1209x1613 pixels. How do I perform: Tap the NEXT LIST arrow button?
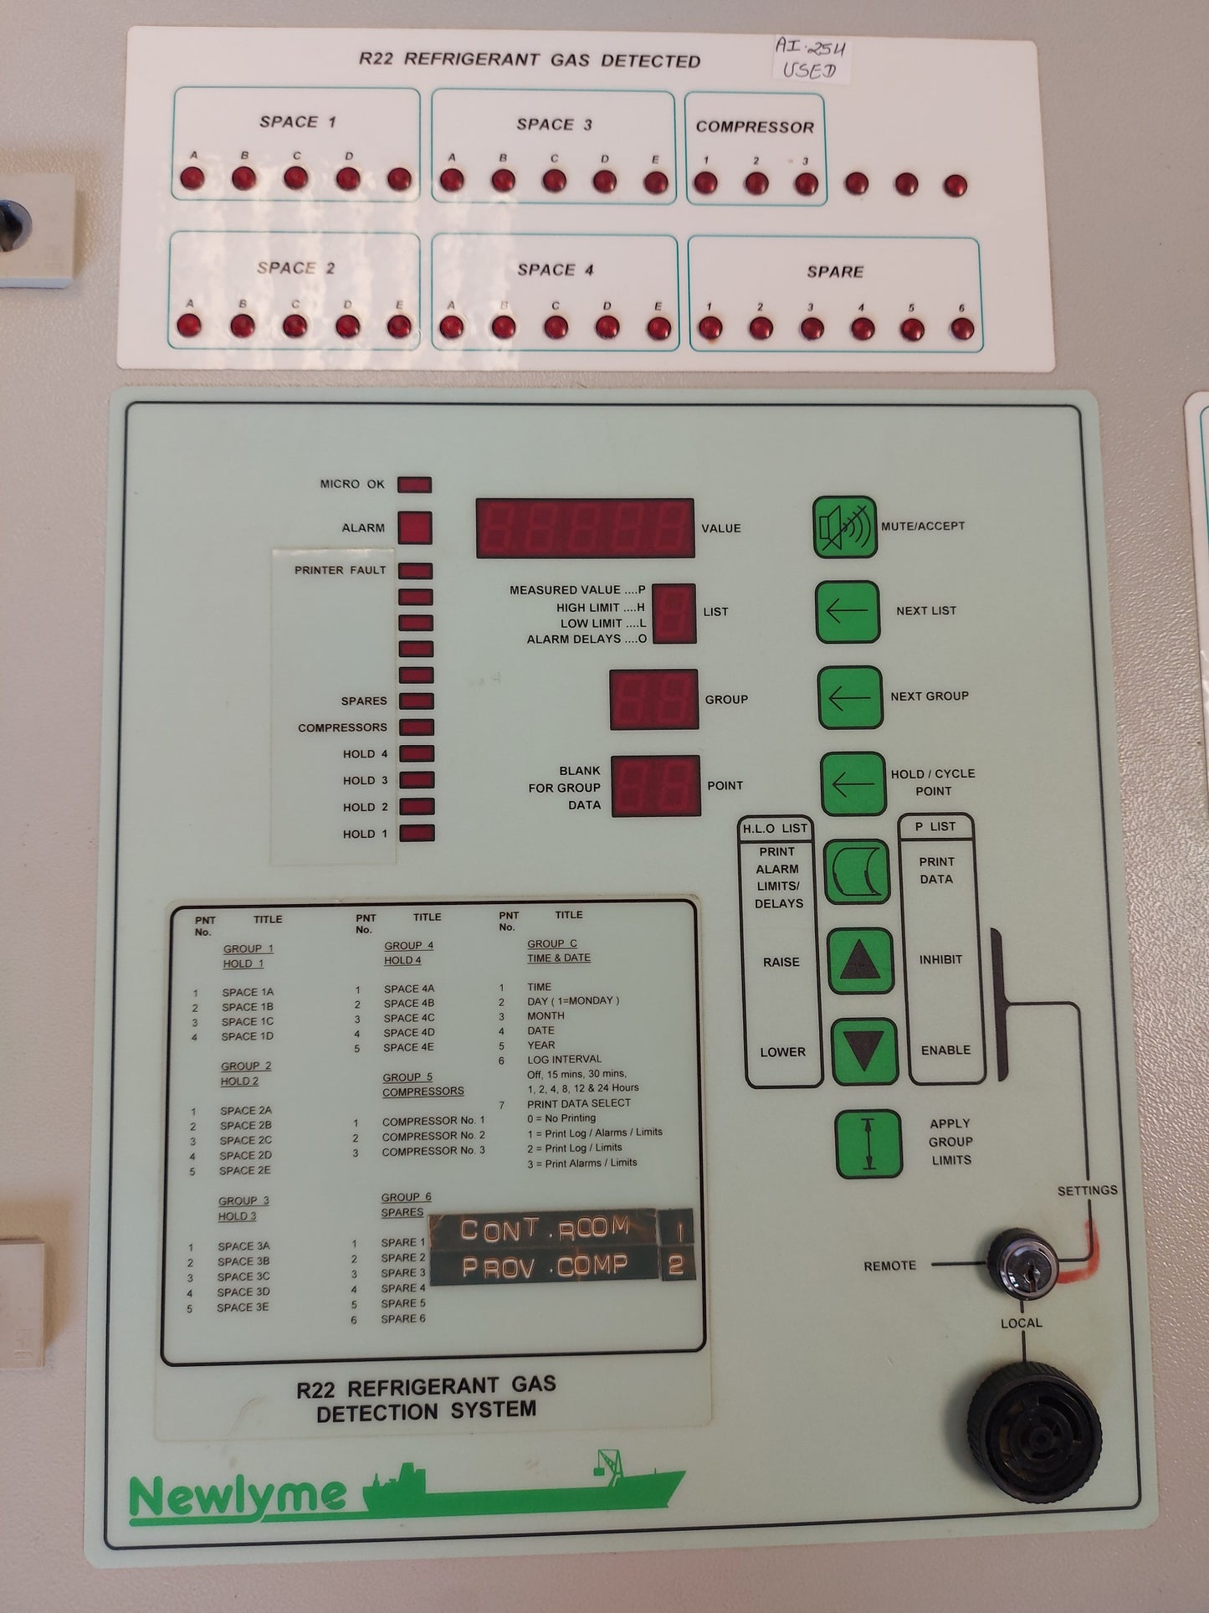pyautogui.click(x=847, y=612)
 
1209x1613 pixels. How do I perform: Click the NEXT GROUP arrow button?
pyautogui.click(x=849, y=697)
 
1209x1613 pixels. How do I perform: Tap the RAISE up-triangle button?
pyautogui.click(x=860, y=961)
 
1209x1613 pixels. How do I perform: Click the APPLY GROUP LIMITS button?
pyautogui.click(x=868, y=1143)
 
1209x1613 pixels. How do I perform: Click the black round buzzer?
pyautogui.click(x=1034, y=1431)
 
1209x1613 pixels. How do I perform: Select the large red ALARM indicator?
pyautogui.click(x=414, y=528)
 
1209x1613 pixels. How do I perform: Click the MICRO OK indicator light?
pyautogui.click(x=414, y=485)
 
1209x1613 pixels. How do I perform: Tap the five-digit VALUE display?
pyautogui.click(x=585, y=528)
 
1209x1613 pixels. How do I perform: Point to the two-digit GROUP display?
pyautogui.click(x=653, y=699)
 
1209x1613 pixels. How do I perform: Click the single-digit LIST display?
pyautogui.click(x=674, y=614)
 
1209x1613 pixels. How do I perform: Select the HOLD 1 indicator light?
pyautogui.click(x=416, y=834)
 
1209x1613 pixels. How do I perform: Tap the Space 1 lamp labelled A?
pyautogui.click(x=192, y=178)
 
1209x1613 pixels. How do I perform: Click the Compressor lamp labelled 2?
pyautogui.click(x=756, y=183)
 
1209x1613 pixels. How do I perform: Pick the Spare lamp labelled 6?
pyautogui.click(x=962, y=329)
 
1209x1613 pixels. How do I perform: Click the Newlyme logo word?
pyautogui.click(x=238, y=1495)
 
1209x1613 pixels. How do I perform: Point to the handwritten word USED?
pyautogui.click(x=809, y=70)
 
